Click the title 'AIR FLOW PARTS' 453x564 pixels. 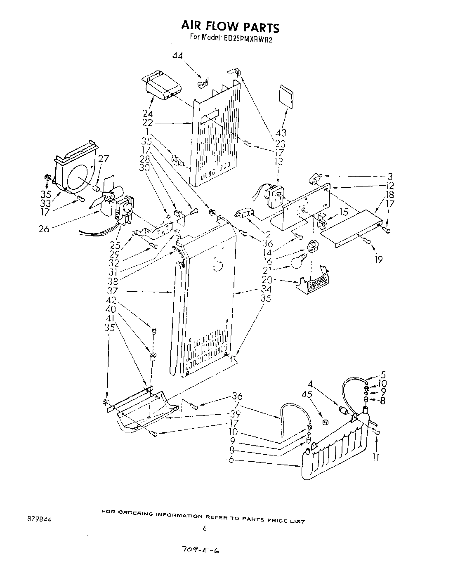pos(230,26)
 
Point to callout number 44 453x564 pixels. pos(177,56)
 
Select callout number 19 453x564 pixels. pos(379,260)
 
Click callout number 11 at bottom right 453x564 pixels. pos(376,457)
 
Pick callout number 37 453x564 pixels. pos(113,291)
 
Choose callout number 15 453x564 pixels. pos(343,212)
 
